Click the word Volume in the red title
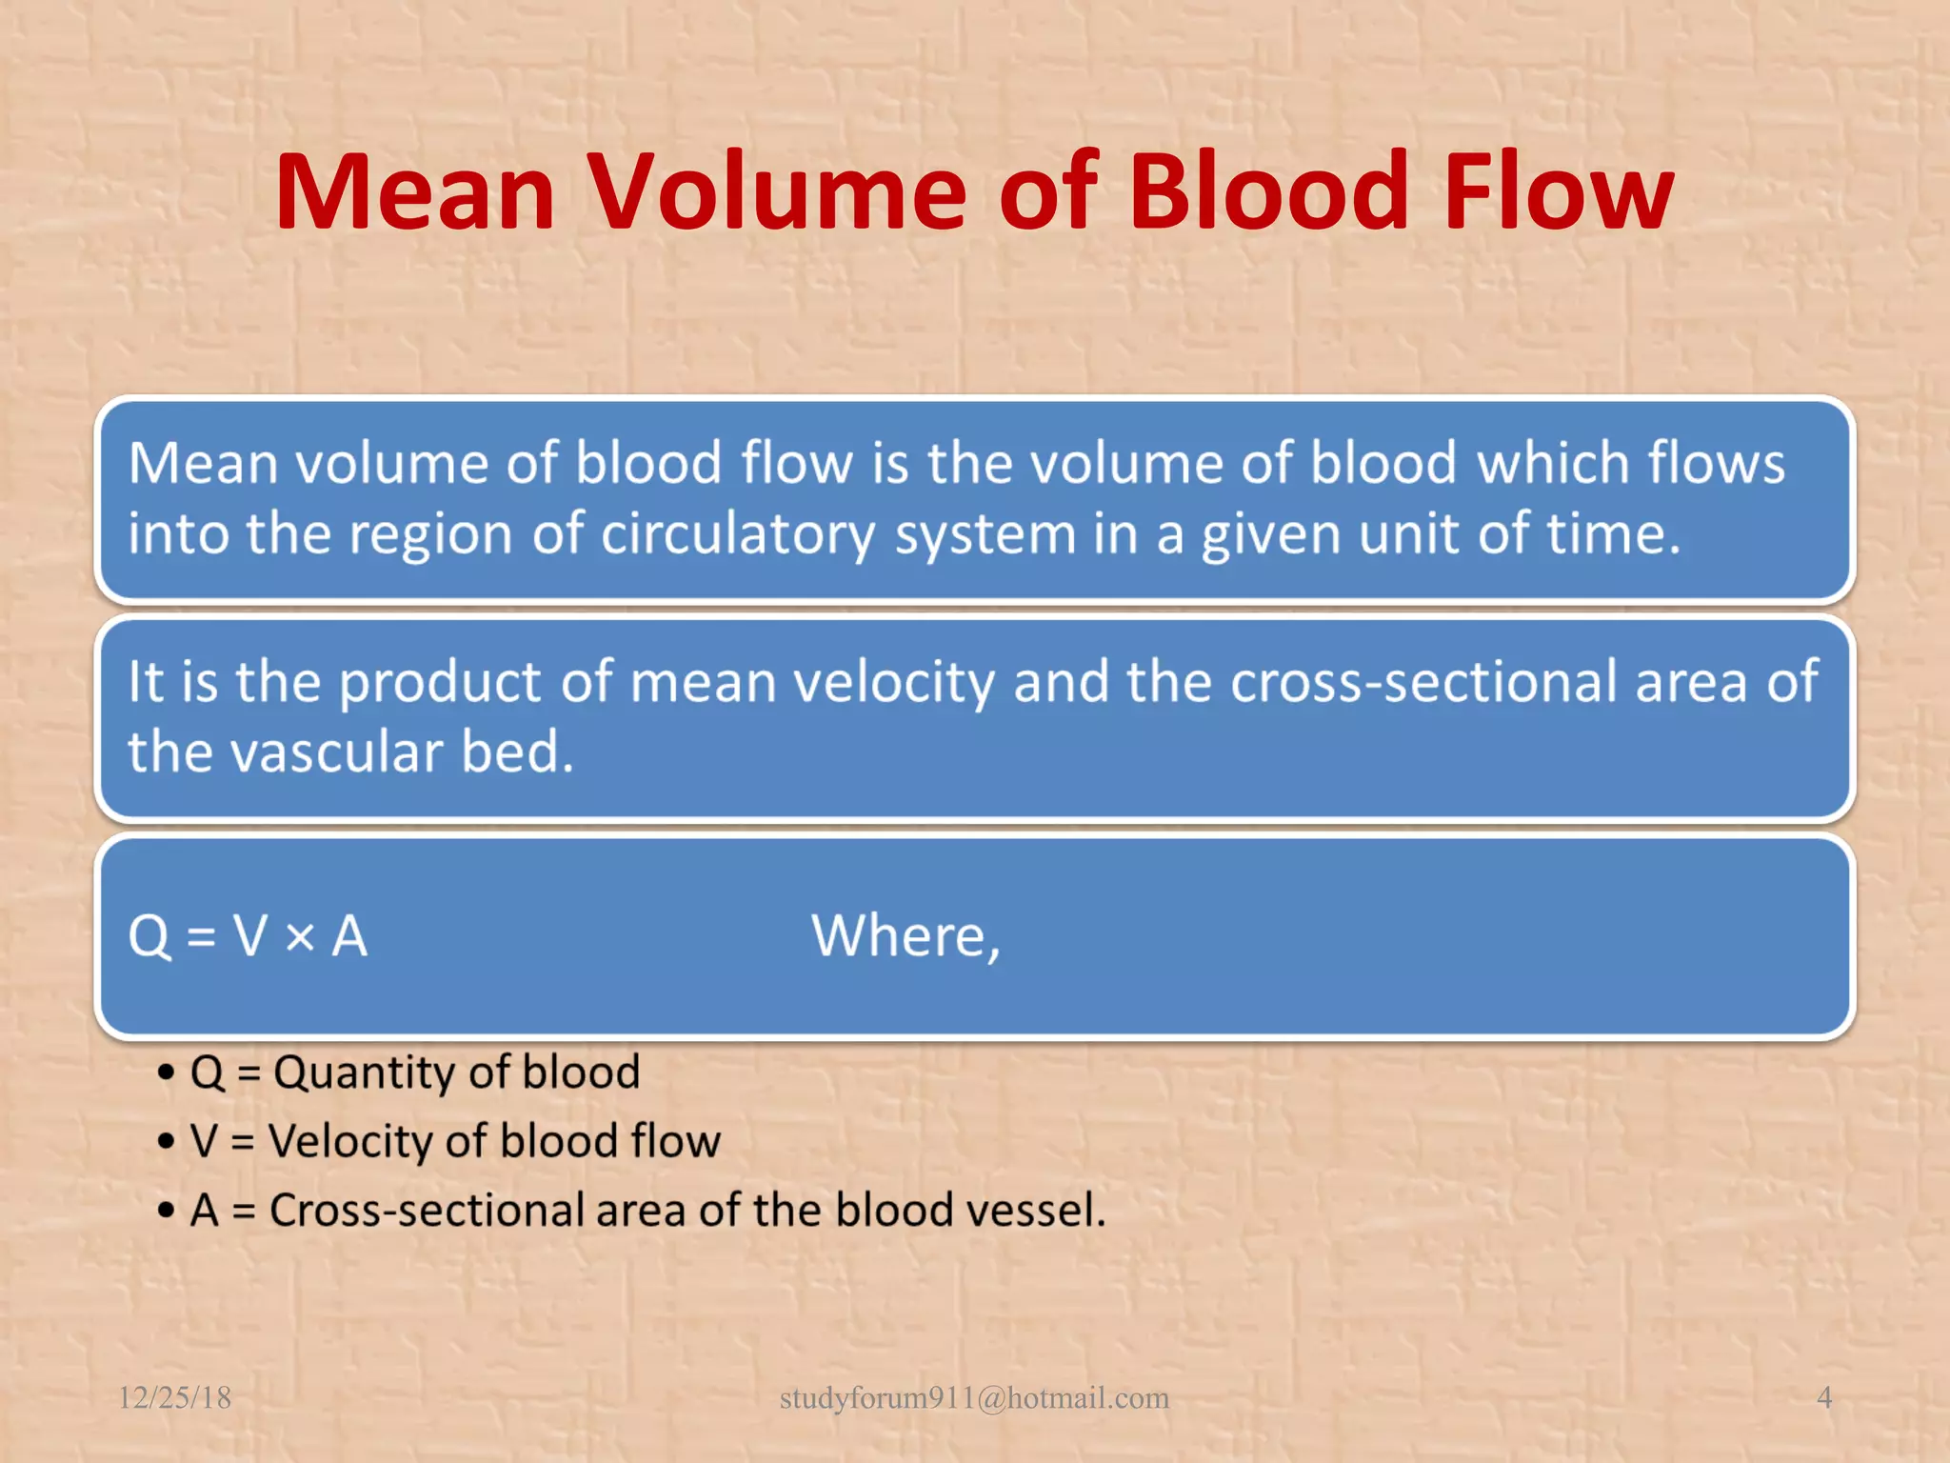coord(775,192)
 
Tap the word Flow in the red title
coord(1558,192)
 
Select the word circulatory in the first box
coord(737,535)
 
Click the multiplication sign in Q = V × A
coord(300,937)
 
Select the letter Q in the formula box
coord(149,937)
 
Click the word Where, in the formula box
coord(905,937)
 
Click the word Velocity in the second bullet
coord(348,1141)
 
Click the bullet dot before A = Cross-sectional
coord(167,1212)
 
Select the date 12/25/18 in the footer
coord(174,1397)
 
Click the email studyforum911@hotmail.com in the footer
coord(974,1397)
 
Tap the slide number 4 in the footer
coord(1824,1397)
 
